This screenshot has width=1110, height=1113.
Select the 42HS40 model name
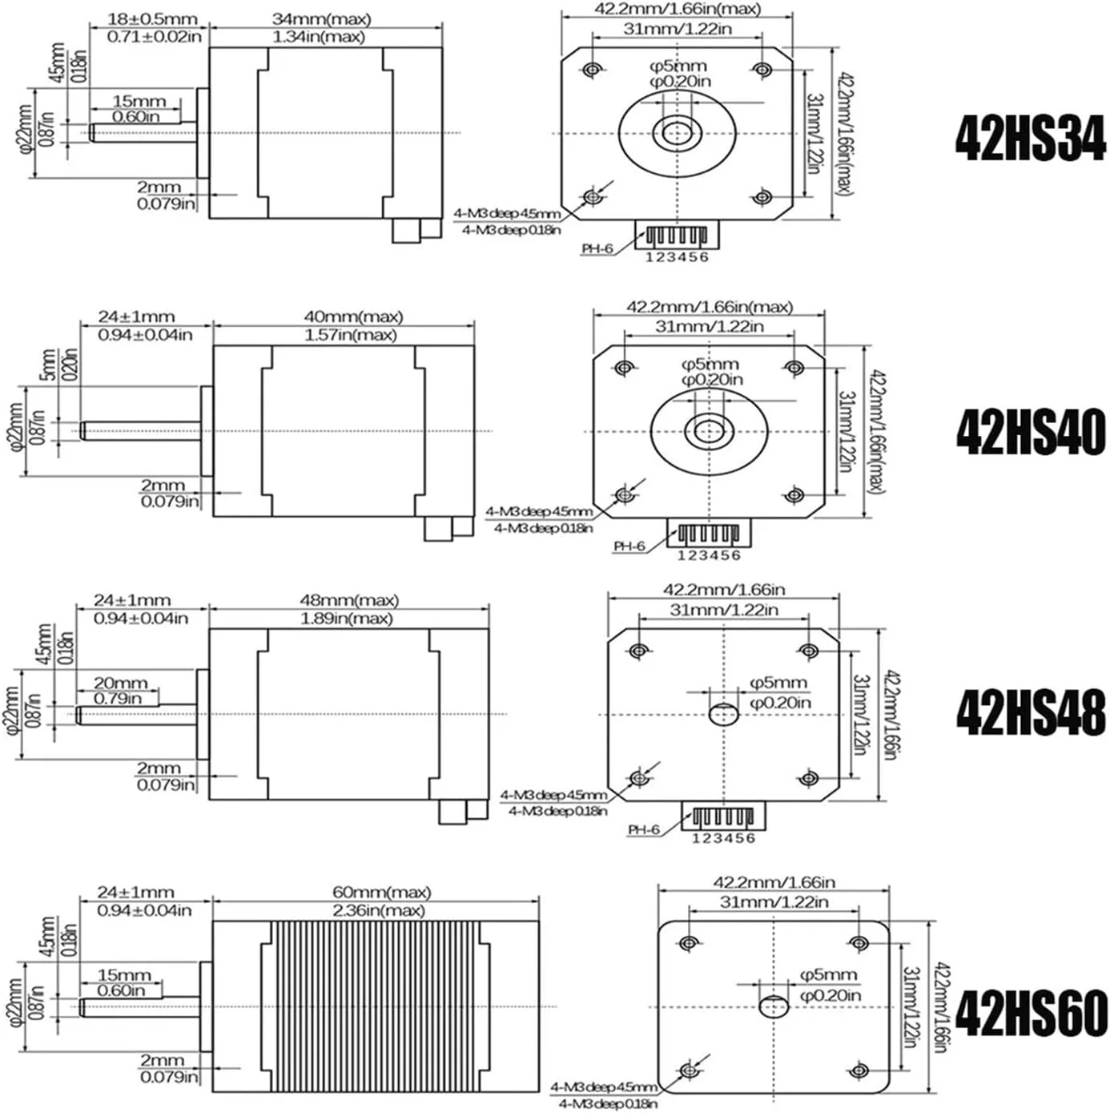click(x=1031, y=432)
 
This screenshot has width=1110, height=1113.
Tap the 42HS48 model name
click(x=1031, y=712)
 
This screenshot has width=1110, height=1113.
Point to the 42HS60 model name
click(x=1031, y=1012)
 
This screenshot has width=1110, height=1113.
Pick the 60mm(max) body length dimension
click(x=381, y=892)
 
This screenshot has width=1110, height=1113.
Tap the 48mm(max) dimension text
click(x=348, y=599)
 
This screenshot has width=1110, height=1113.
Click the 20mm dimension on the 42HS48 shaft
click(x=120, y=683)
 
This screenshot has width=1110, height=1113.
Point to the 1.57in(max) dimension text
click(x=350, y=335)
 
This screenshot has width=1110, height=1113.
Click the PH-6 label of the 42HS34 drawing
click(x=597, y=248)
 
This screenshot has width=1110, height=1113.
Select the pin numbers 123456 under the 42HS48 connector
click(x=723, y=838)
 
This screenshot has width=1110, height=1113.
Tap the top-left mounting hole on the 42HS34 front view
click(x=592, y=70)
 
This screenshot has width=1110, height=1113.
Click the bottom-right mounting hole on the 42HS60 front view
click(x=859, y=1071)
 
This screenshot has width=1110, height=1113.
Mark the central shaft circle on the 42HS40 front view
click(x=709, y=432)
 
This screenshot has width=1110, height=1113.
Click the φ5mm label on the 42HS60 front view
click(x=828, y=975)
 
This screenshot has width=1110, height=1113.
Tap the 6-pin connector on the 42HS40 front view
click(x=709, y=533)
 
